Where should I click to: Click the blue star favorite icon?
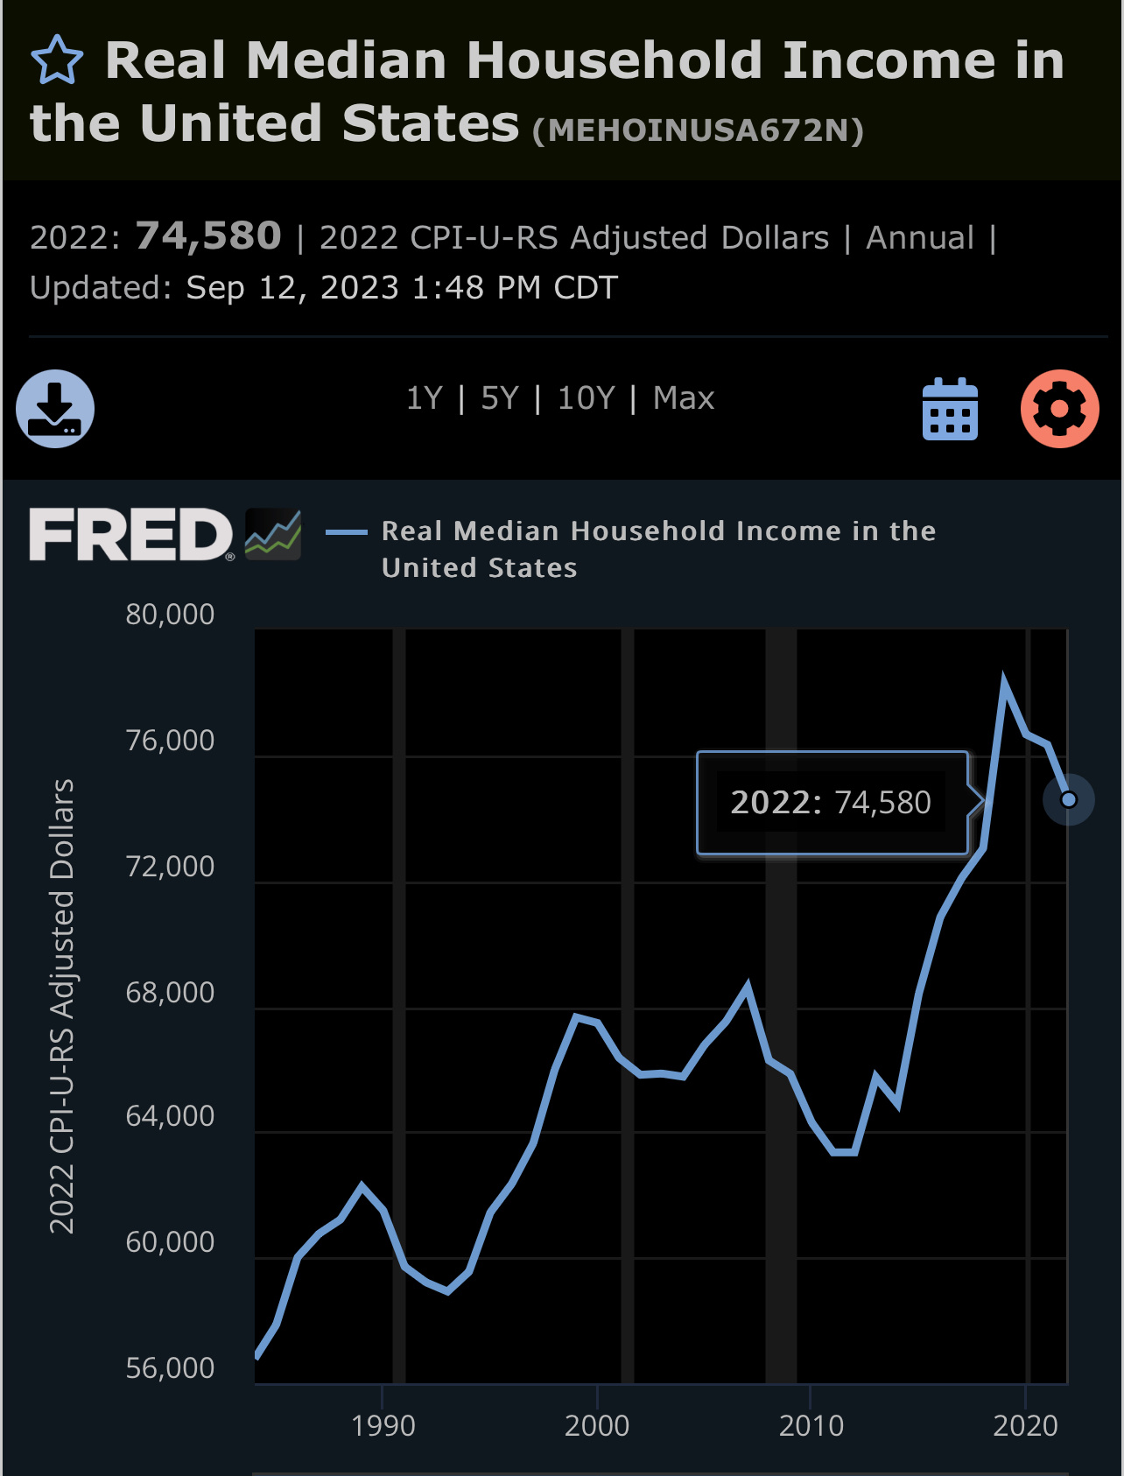click(x=57, y=60)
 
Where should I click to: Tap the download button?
click(x=55, y=409)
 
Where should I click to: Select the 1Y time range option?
click(x=425, y=398)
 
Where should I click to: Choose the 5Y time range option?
click(x=500, y=398)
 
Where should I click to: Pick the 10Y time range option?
click(x=587, y=398)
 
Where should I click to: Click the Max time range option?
click(x=684, y=398)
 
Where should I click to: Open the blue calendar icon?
click(x=950, y=409)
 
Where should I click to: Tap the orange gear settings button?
click(x=1059, y=409)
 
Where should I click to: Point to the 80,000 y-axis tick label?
click(x=170, y=615)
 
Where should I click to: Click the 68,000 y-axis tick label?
click(x=170, y=992)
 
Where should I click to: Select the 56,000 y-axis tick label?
click(x=170, y=1367)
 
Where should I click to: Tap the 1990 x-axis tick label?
click(x=383, y=1426)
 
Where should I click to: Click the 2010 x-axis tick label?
click(x=811, y=1426)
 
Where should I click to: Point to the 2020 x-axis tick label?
click(x=1025, y=1426)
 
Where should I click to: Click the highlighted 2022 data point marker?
click(x=1068, y=799)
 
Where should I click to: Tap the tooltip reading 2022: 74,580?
click(x=831, y=802)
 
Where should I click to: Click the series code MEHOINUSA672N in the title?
click(x=698, y=130)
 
